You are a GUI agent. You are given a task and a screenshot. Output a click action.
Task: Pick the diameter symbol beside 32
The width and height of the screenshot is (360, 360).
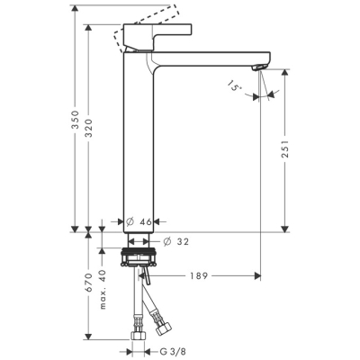pyautogui.click(x=169, y=240)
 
